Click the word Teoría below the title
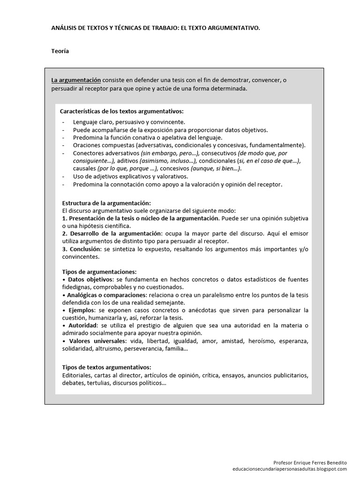click(x=60, y=51)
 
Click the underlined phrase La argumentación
click(x=76, y=80)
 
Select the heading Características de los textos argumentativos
click(x=122, y=112)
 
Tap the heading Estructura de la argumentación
click(x=106, y=203)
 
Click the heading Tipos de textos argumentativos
click(x=106, y=367)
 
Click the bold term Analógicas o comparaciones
click(x=105, y=295)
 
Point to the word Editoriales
click(x=77, y=375)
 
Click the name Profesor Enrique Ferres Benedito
click(x=310, y=462)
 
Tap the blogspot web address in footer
click(x=290, y=468)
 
